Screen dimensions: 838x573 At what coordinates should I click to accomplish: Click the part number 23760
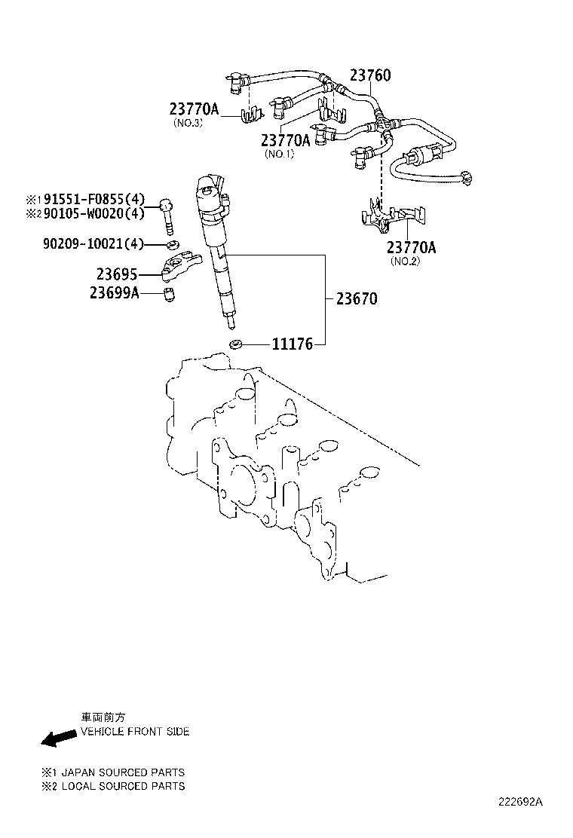370,76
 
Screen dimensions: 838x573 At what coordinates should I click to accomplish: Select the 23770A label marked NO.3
193,110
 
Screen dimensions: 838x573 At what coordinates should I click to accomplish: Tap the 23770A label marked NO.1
286,140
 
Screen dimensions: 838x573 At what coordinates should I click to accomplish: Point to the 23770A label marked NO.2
412,247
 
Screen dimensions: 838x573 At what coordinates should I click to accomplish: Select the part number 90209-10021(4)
93,243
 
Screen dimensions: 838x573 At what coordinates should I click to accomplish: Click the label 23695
117,274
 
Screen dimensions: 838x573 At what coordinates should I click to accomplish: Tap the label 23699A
114,293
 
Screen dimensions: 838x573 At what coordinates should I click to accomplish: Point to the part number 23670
357,298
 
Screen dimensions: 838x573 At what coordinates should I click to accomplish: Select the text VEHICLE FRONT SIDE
135,732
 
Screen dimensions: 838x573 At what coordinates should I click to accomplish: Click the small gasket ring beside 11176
236,344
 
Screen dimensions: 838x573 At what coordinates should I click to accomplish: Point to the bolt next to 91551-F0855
167,214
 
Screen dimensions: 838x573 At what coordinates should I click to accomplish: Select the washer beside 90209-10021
171,244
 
